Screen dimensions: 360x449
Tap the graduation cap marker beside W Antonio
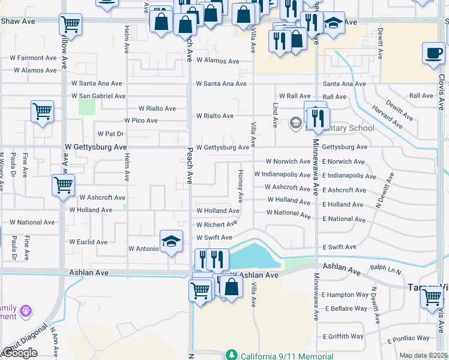(x=172, y=242)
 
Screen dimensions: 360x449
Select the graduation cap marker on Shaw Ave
(x=333, y=24)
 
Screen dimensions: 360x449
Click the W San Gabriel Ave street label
(x=98, y=96)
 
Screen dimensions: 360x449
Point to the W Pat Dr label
(x=110, y=134)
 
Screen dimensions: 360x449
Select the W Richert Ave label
(x=217, y=225)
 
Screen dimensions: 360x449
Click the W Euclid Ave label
(x=88, y=242)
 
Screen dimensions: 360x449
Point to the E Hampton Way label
(x=345, y=295)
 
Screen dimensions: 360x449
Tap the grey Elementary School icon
(x=295, y=124)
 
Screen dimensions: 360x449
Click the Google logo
(x=20, y=353)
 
